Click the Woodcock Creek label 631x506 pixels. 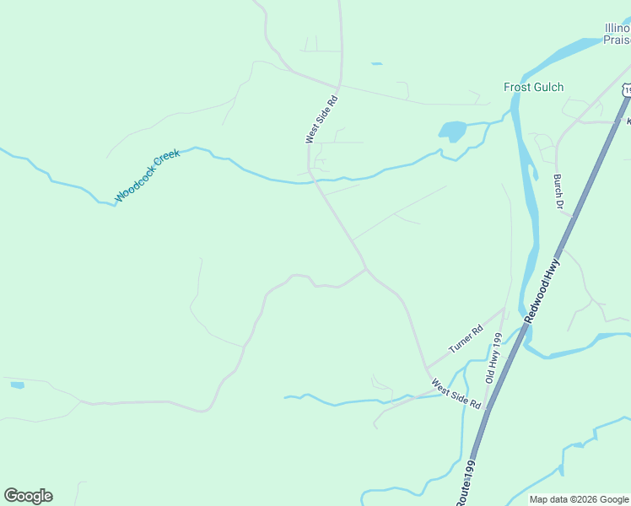point(148,178)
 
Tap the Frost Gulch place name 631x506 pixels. point(533,87)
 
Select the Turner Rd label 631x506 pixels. point(465,338)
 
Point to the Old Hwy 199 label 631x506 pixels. point(493,358)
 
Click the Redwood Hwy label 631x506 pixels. point(542,290)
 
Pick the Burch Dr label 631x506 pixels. point(558,191)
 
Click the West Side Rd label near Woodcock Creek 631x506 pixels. point(321,119)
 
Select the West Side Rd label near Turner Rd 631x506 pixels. point(456,394)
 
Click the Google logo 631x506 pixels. point(28,496)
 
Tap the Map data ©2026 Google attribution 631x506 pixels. point(579,499)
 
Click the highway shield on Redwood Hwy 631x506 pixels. point(626,89)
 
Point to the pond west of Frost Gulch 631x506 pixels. point(451,131)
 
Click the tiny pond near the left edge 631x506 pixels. point(17,385)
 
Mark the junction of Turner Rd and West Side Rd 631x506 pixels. point(426,369)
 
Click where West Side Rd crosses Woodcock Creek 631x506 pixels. point(310,179)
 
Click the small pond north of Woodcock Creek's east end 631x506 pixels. point(375,63)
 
